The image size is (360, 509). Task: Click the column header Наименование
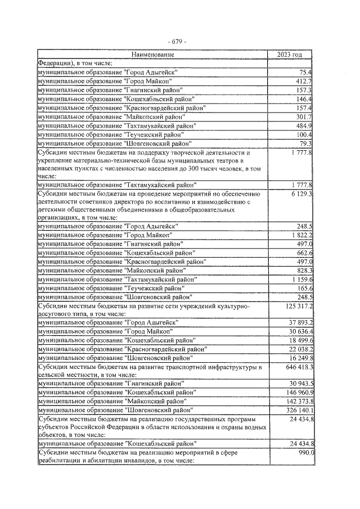click(x=152, y=55)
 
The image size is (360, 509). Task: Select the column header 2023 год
click(x=290, y=55)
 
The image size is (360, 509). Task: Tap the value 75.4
click(x=306, y=73)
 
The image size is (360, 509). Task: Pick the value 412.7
click(x=304, y=81)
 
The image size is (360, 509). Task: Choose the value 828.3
click(x=304, y=271)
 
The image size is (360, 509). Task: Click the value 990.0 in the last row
click(x=305, y=453)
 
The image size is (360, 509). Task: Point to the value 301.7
click(x=304, y=116)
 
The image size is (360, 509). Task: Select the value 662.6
click(x=304, y=253)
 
